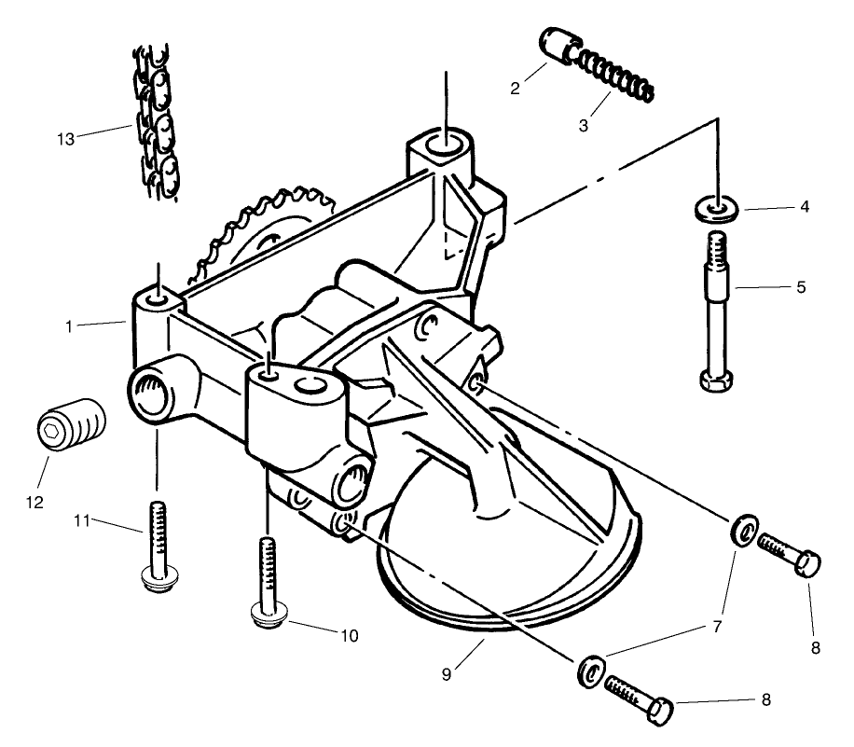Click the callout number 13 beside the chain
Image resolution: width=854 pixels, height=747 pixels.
tap(64, 139)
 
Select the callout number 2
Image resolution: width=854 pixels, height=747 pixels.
tap(514, 90)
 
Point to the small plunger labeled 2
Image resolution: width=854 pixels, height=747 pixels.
tap(558, 46)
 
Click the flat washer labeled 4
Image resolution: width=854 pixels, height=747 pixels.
tap(718, 206)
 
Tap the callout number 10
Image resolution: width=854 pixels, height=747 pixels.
tap(349, 636)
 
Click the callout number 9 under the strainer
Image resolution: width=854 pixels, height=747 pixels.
tap(447, 673)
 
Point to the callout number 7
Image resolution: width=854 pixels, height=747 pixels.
tap(717, 628)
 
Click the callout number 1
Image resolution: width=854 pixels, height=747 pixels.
tap(69, 326)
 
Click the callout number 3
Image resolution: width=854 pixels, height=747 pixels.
tap(583, 124)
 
